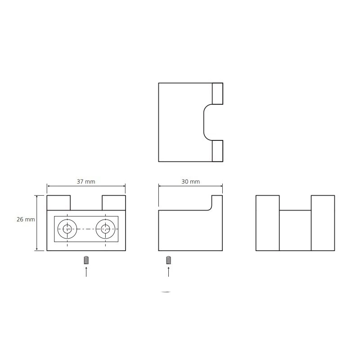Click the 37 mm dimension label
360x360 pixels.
(x=86, y=182)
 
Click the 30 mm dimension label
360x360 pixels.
(x=190, y=182)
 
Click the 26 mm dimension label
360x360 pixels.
(x=26, y=219)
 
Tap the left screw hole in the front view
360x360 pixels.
(x=67, y=229)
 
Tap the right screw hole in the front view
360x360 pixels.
(x=105, y=229)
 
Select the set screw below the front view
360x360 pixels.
(x=86, y=260)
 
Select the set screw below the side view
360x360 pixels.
(x=168, y=260)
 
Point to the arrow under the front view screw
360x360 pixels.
(x=86, y=272)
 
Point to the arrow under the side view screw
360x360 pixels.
(x=168, y=272)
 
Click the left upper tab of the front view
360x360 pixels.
(x=58, y=203)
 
